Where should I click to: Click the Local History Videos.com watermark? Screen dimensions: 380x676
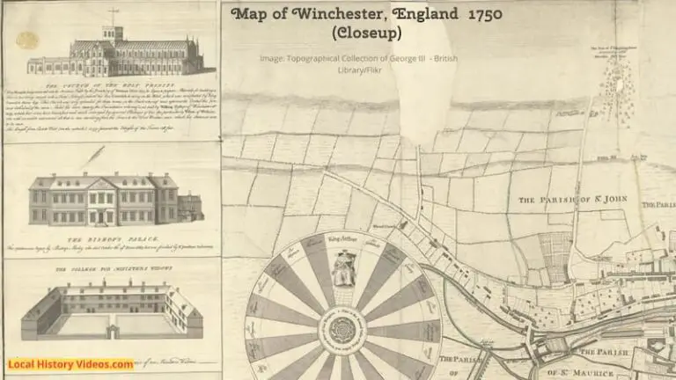click(x=71, y=364)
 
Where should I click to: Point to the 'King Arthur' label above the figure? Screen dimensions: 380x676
click(x=342, y=238)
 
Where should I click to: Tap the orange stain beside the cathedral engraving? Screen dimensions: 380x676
click(x=27, y=41)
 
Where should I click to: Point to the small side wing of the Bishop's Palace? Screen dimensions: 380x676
click(x=190, y=208)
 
